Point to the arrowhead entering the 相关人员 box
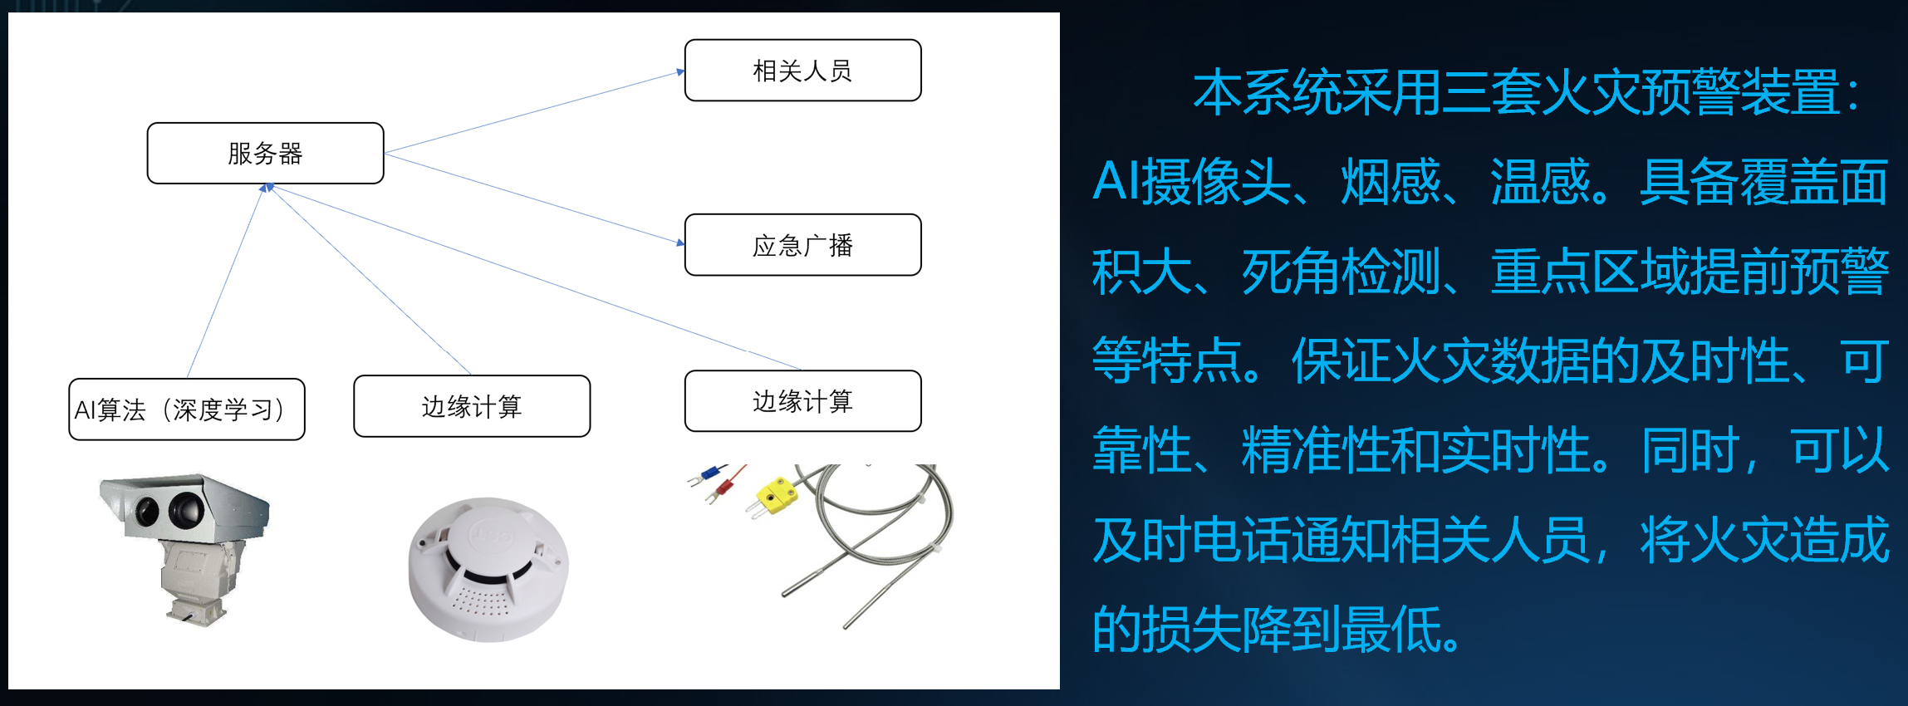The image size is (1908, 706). pyautogui.click(x=680, y=72)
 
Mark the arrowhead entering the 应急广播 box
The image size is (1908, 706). pyautogui.click(x=680, y=243)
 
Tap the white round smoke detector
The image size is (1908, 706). pyautogui.click(x=488, y=570)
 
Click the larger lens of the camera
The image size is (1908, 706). pyautogui.click(x=186, y=508)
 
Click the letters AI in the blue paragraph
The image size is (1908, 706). pyautogui.click(x=1116, y=181)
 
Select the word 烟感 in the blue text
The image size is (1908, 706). pyautogui.click(x=1391, y=181)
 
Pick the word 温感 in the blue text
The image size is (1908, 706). pyautogui.click(x=1539, y=181)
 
